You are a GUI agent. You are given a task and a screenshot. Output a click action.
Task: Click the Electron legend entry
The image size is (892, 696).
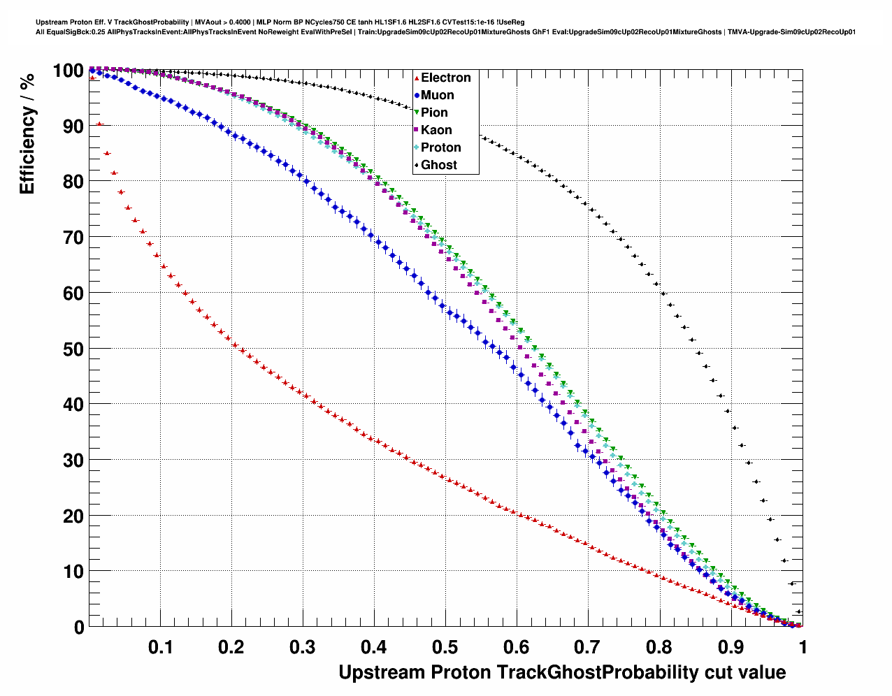pyautogui.click(x=445, y=78)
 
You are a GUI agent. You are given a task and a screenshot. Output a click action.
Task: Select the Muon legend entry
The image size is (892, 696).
pyautogui.click(x=437, y=95)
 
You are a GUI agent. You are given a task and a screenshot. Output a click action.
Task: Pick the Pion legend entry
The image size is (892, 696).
pyautogui.click(x=434, y=113)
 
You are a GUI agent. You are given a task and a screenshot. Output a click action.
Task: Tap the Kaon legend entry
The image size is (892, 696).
pyautogui.click(x=436, y=130)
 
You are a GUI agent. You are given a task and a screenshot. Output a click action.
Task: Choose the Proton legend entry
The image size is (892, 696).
pyautogui.click(x=440, y=147)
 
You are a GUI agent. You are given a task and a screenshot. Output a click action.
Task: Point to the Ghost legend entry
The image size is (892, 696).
pyautogui.click(x=438, y=165)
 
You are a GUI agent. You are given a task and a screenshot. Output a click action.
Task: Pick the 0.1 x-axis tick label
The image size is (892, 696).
pyautogui.click(x=160, y=647)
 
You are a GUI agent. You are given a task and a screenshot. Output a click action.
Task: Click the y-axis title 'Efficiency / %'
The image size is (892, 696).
pyautogui.click(x=27, y=133)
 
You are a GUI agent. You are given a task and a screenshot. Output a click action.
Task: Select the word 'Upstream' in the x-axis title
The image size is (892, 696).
pyautogui.click(x=382, y=672)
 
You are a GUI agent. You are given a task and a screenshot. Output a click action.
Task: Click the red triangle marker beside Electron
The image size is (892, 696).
pyautogui.click(x=417, y=78)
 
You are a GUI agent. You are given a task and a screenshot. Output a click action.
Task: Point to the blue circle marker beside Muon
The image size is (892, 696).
pyautogui.click(x=417, y=95)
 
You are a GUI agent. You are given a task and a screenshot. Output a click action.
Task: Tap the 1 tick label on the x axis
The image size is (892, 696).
pyautogui.click(x=802, y=647)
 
